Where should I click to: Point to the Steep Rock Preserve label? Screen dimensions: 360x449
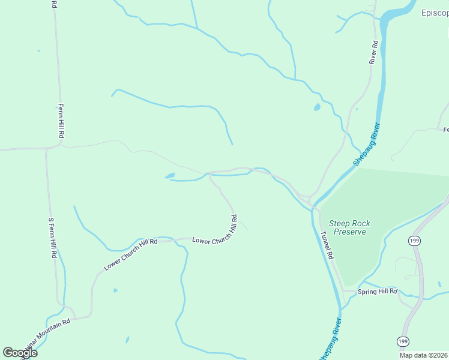(352, 227)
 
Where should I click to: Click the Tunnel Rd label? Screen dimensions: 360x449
(327, 245)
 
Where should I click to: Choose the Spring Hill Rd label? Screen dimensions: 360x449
(378, 292)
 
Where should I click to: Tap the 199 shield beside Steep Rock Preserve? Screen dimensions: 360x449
(413, 241)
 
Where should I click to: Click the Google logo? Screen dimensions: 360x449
(20, 352)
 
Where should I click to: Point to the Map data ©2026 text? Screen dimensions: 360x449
(423, 355)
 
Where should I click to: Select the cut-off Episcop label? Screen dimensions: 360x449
(435, 12)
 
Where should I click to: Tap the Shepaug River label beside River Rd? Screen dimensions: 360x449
(367, 145)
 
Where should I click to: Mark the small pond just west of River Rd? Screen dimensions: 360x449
(316, 107)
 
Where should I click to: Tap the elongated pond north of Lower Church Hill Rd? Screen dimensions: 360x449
(170, 176)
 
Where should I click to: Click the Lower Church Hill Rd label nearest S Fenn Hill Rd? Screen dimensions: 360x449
(130, 254)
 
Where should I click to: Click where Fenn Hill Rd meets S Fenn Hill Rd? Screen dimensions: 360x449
(47, 148)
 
